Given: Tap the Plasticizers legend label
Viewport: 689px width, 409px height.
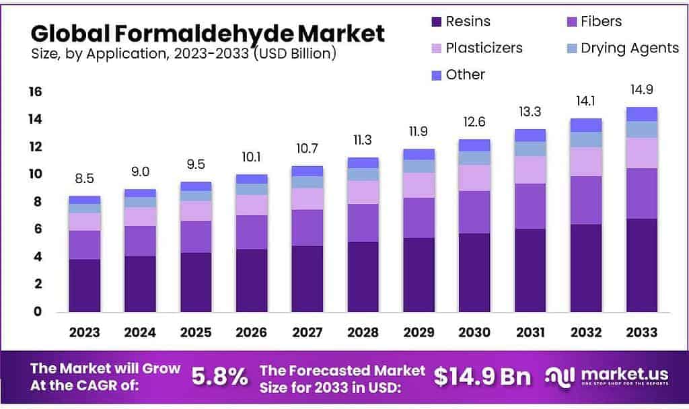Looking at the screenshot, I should pos(484,48).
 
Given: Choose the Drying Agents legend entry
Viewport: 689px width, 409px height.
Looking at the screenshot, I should pos(630,48).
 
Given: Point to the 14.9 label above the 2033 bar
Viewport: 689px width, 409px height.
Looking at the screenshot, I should pos(641,89).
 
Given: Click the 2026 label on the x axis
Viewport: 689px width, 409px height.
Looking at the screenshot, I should pos(252,332).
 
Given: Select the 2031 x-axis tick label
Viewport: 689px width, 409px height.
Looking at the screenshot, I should pos(530,332).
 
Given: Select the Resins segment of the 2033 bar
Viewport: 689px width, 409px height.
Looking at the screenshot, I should pos(641,265).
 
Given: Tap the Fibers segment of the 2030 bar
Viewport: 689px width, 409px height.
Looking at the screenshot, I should pos(475,212).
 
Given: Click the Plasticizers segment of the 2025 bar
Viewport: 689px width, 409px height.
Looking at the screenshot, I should pos(196,211).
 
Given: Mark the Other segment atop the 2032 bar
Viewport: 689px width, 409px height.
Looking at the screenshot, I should pos(586,125).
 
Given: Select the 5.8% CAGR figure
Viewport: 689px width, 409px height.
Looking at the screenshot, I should pos(219,377).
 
